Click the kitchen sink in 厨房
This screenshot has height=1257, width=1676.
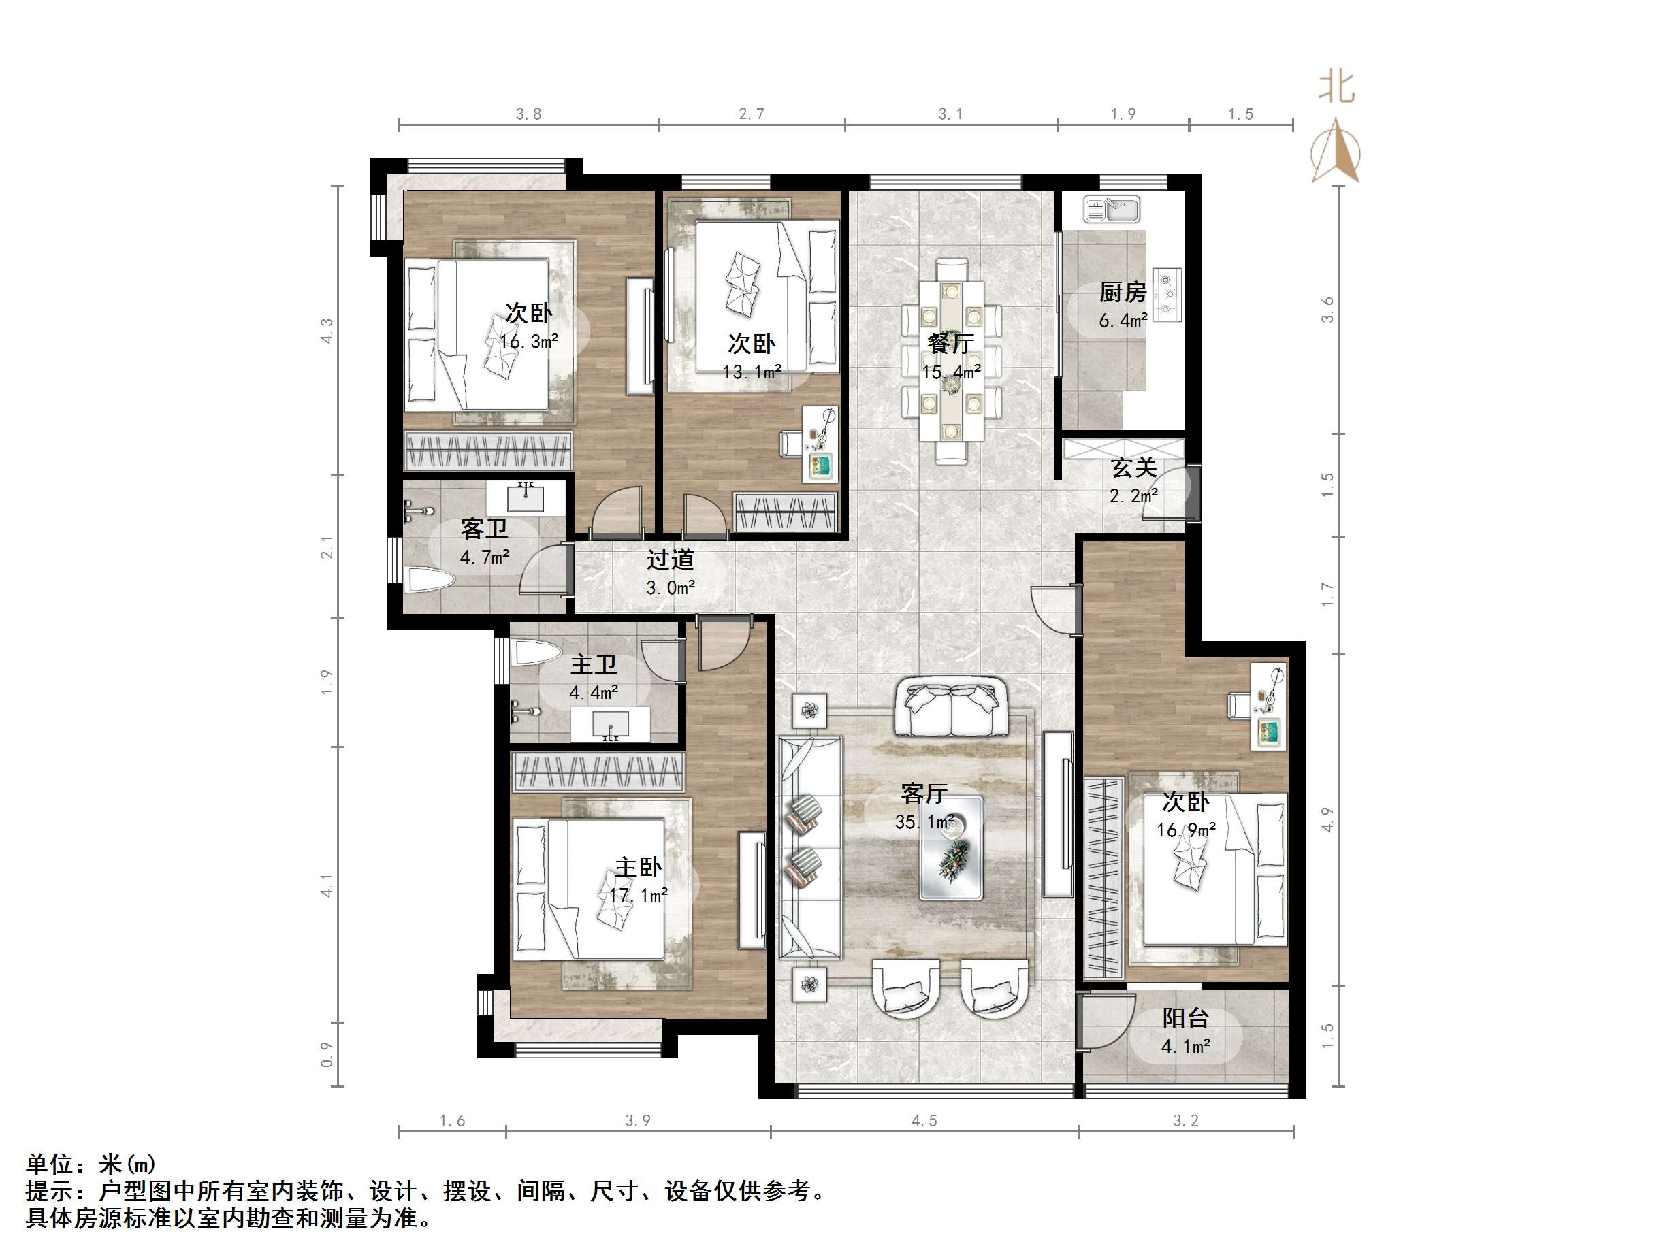point(1112,209)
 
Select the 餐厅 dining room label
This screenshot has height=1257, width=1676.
point(951,344)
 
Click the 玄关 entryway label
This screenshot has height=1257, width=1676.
point(1133,468)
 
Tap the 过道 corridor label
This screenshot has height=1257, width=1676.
point(670,560)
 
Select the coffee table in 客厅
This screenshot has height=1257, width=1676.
point(952,848)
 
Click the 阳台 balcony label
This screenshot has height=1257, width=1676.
point(1186,1018)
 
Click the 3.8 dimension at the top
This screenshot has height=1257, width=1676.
point(529,114)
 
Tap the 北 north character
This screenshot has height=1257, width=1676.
point(1336,87)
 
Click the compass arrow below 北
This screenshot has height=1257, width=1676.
point(1336,152)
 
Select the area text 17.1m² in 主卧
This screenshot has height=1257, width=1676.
point(639,896)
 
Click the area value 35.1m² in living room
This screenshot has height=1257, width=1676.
point(924,822)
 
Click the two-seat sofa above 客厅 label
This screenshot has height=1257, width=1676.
point(951,708)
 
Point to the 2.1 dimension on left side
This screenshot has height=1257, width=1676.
point(327,546)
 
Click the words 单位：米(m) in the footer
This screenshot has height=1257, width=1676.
point(91,1164)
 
